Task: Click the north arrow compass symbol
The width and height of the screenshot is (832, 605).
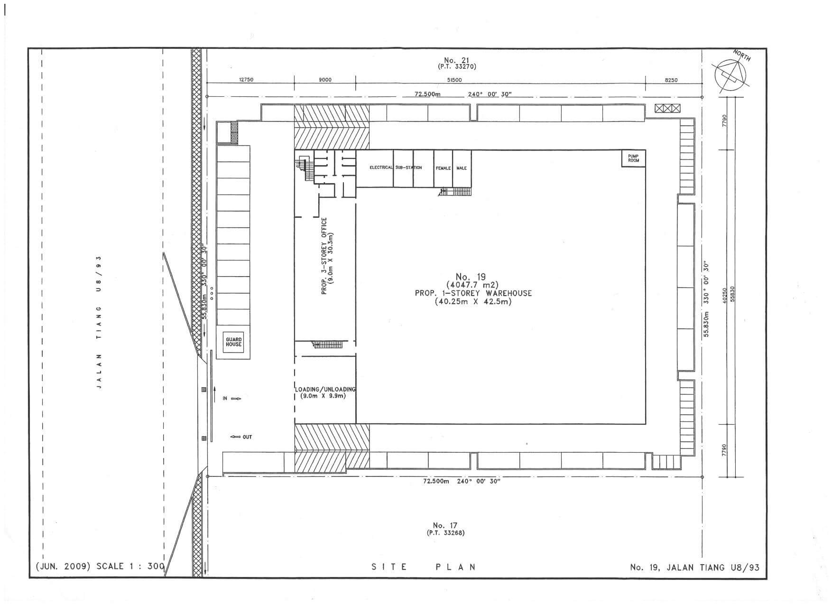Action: pos(731,74)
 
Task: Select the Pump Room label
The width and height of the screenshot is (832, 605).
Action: pos(634,158)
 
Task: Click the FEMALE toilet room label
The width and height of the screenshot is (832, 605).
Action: pos(443,168)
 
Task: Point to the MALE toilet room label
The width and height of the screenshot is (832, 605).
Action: pos(462,168)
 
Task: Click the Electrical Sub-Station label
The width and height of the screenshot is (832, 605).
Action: pos(396,168)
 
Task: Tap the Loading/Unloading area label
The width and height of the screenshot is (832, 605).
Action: pos(325,392)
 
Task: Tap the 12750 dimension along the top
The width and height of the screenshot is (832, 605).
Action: pos(246,80)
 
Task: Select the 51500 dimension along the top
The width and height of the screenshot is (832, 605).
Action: pos(454,80)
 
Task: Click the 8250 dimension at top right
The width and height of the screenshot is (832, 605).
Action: pos(671,80)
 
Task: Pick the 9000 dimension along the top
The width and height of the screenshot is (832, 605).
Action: pos(325,80)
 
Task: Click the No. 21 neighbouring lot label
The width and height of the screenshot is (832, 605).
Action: pos(457,60)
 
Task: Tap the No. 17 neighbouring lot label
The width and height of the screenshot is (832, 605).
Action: pos(445,525)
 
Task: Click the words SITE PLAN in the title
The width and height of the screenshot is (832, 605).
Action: pos(424,567)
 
